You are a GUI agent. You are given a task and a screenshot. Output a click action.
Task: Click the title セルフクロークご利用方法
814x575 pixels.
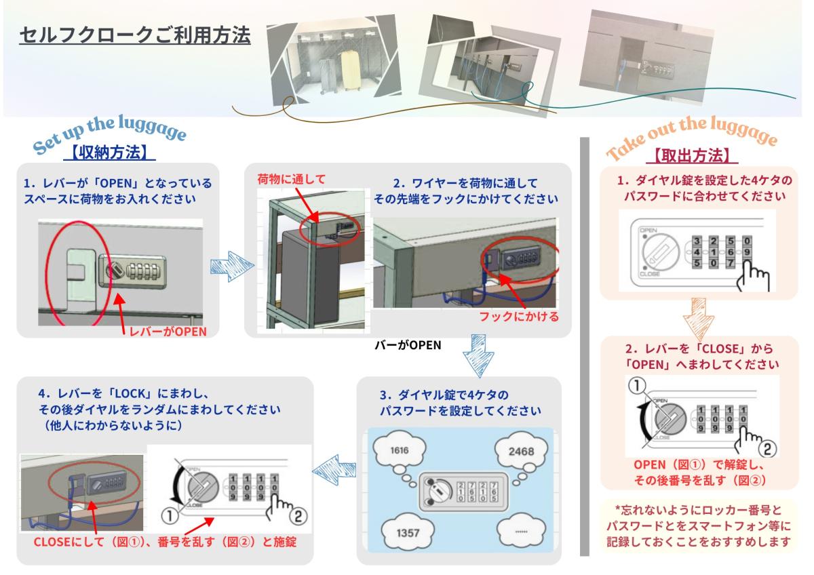(136, 35)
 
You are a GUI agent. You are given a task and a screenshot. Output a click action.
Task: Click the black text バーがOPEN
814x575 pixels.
(408, 344)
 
